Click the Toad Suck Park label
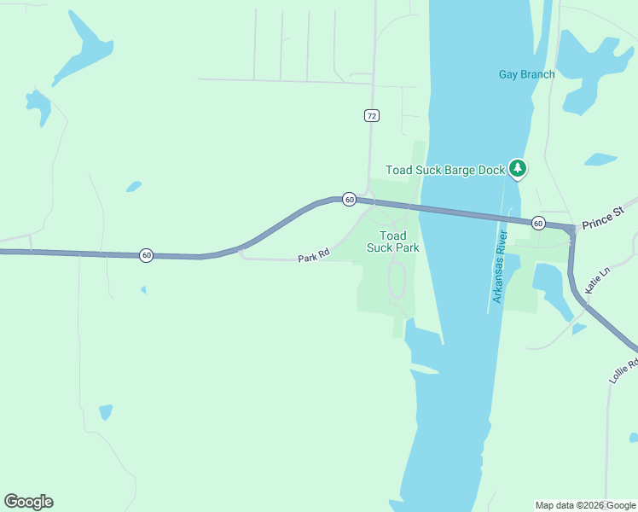click(x=392, y=241)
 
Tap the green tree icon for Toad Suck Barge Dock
click(x=517, y=168)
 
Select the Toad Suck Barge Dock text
click(x=445, y=170)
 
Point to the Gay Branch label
click(x=526, y=74)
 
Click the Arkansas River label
click(x=500, y=266)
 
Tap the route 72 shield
click(x=370, y=115)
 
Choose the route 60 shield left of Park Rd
click(x=147, y=255)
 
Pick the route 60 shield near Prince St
click(x=537, y=223)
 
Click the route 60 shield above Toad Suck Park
click(x=349, y=199)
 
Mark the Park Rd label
click(x=313, y=255)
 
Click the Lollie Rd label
click(x=624, y=370)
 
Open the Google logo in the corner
click(x=28, y=502)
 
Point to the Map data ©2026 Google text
click(x=585, y=505)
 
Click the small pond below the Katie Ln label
click(x=579, y=329)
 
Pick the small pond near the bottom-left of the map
click(x=105, y=412)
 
